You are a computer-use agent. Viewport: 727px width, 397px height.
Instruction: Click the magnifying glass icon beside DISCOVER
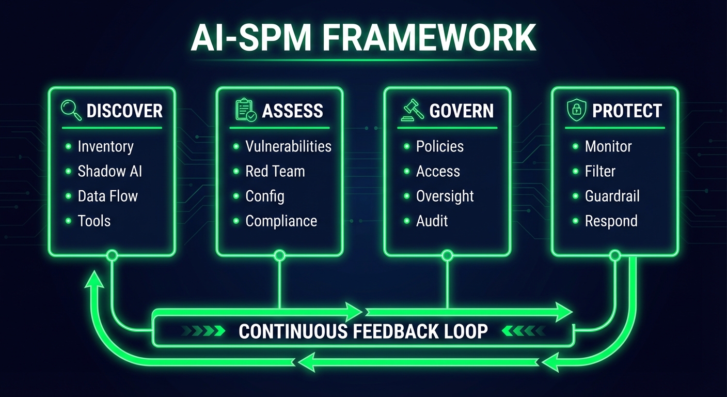[x=71, y=110]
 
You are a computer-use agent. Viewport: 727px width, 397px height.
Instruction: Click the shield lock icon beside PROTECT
[x=576, y=110]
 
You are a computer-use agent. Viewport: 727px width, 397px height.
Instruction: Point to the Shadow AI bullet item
[x=109, y=172]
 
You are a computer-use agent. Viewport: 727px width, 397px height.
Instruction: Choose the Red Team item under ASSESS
[x=275, y=172]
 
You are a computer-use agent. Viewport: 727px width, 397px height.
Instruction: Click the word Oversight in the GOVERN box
[x=445, y=196]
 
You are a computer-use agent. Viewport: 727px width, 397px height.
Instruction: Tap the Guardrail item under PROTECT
[x=612, y=196]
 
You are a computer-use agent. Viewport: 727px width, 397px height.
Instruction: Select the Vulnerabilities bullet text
[x=288, y=147]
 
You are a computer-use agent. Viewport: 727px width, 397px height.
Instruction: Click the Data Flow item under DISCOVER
[x=107, y=196]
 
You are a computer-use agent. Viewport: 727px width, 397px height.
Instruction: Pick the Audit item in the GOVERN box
[x=432, y=221]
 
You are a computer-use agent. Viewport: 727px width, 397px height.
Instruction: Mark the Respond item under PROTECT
[x=611, y=221]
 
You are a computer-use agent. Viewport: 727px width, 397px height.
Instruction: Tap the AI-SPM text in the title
[x=246, y=38]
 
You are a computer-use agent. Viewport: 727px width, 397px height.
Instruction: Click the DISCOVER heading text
[x=124, y=111]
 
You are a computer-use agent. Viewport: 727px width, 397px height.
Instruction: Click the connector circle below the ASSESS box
[x=279, y=255]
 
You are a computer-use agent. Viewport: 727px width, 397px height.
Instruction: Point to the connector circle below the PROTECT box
[x=614, y=255]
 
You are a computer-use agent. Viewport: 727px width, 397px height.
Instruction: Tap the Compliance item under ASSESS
[x=281, y=221]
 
